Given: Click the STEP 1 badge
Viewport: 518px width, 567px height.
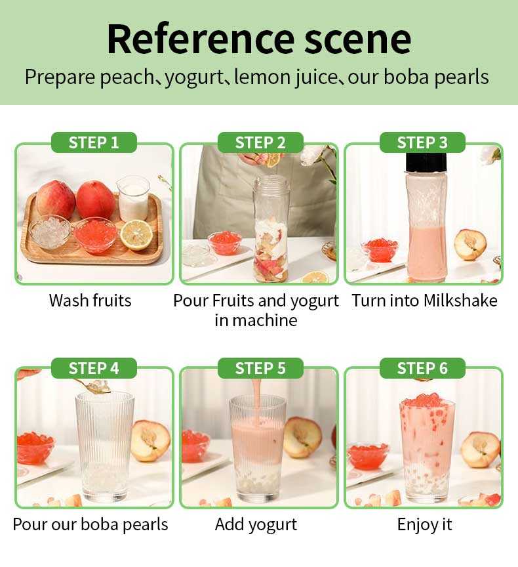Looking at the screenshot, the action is pos(94,142).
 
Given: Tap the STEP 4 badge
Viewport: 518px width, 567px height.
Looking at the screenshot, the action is pos(94,368).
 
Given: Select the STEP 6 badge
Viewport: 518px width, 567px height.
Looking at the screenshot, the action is pos(422,368).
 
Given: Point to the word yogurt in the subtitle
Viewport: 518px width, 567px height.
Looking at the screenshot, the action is pos(194,77).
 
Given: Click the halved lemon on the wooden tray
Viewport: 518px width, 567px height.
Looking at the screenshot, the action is pos(136,235).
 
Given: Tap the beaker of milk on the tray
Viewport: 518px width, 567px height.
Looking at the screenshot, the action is pos(133,198).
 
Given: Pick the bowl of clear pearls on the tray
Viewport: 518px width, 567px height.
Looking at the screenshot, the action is pos(50,234).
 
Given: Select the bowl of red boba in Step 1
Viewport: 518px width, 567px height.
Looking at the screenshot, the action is pos(96,235).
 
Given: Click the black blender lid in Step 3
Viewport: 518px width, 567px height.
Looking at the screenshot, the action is pos(426,162).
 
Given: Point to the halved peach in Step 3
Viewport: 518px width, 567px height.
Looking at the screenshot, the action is pos(470,244).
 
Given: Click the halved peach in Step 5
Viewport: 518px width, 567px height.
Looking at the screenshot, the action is pos(302,437).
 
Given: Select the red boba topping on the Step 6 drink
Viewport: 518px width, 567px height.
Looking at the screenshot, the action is pos(428,400).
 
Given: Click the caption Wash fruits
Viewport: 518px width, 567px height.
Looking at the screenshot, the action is pos(90,301).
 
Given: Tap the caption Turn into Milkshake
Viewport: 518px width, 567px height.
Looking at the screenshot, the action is pos(424,301).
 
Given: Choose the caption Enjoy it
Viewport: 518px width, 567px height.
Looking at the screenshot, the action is pos(424,524).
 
